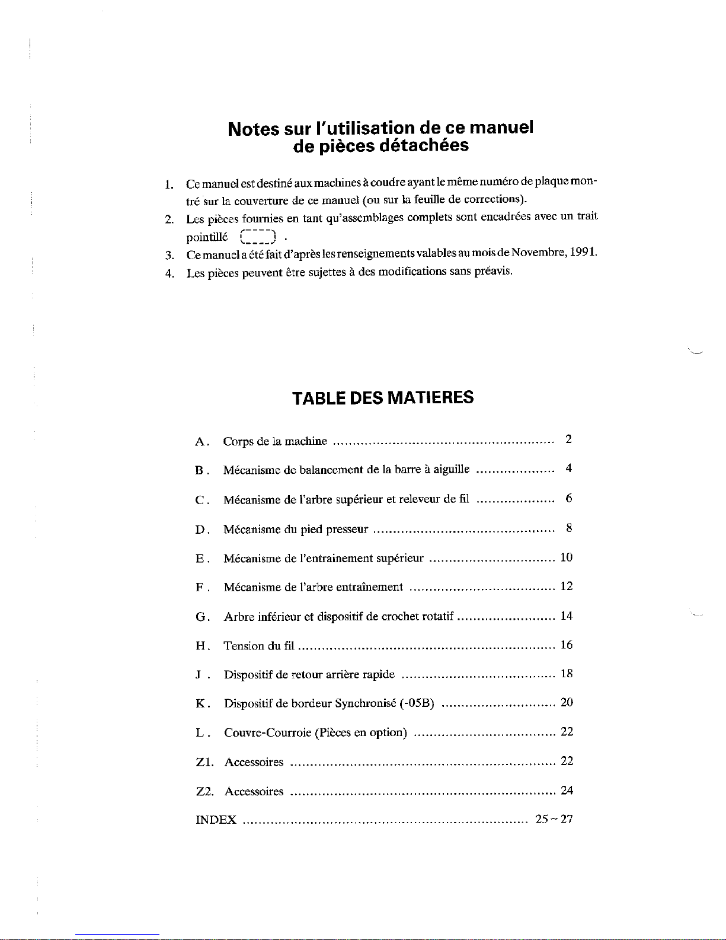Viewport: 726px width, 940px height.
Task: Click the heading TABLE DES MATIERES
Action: tap(383, 397)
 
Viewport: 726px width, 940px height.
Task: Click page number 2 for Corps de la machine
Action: tap(568, 439)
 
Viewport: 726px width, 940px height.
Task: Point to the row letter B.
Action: tap(200, 471)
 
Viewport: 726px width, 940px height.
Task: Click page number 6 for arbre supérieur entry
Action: tap(568, 498)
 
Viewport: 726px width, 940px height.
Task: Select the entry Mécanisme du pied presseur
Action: tap(296, 529)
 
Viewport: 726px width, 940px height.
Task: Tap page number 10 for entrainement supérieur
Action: tap(566, 557)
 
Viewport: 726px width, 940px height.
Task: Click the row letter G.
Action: tap(200, 617)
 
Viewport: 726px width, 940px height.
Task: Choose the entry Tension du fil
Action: tap(259, 646)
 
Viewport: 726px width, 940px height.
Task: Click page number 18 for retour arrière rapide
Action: tap(566, 673)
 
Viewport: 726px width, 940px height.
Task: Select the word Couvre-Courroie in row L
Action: tap(268, 732)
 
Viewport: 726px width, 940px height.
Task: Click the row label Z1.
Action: tap(204, 762)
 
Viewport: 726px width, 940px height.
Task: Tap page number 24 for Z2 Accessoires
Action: tap(567, 790)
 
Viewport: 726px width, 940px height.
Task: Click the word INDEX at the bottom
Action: tap(216, 820)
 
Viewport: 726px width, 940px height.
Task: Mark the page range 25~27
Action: tap(554, 819)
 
